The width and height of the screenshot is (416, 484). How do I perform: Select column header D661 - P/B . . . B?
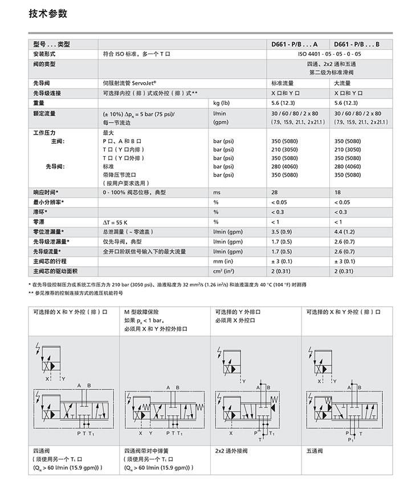click(356, 44)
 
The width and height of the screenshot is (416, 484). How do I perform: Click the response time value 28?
click(275, 193)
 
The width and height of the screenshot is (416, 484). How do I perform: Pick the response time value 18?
click(337, 193)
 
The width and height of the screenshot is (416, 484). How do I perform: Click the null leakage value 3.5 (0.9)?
click(283, 231)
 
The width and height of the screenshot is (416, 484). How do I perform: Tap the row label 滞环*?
click(40, 212)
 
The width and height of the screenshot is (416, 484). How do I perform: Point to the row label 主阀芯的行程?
click(51, 261)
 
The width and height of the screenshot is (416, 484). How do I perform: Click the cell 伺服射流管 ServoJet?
click(129, 83)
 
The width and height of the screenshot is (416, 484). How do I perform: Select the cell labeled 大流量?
click(342, 83)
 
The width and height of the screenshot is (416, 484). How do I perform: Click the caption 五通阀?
click(315, 450)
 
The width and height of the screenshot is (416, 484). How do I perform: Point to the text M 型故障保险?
click(141, 311)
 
